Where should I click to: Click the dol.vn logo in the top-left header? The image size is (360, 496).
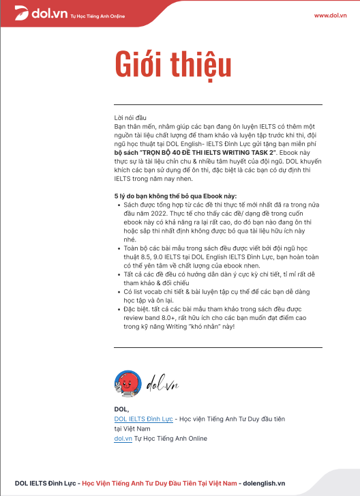(x=31, y=14)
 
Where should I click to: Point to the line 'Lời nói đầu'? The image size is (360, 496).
(x=130, y=118)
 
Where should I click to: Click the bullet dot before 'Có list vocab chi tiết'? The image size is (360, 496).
(x=119, y=291)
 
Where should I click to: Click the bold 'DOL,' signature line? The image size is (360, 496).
(x=121, y=409)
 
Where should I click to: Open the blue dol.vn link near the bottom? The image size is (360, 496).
(x=123, y=438)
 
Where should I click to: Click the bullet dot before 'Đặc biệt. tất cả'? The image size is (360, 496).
(x=119, y=309)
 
